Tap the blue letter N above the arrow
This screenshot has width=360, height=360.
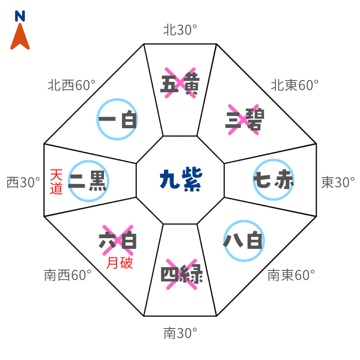pos(20,17)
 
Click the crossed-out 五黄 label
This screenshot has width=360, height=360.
pos(180,83)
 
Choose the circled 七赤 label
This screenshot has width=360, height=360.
pos(274,180)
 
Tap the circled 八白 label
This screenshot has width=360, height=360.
pos(243,241)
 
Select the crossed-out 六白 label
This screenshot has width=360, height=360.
pos(118,240)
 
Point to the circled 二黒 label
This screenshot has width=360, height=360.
pos(88,181)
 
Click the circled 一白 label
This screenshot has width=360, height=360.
pos(117,120)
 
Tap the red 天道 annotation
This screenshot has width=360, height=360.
pos(56,181)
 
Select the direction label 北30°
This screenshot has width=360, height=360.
pos(180,30)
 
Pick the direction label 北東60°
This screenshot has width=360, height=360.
pos(294,85)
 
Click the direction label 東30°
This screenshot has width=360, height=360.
pos(338,182)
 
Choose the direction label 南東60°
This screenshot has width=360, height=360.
pos(290,275)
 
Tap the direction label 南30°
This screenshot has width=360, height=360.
pos(180,333)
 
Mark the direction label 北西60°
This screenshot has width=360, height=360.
pos(72,85)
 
